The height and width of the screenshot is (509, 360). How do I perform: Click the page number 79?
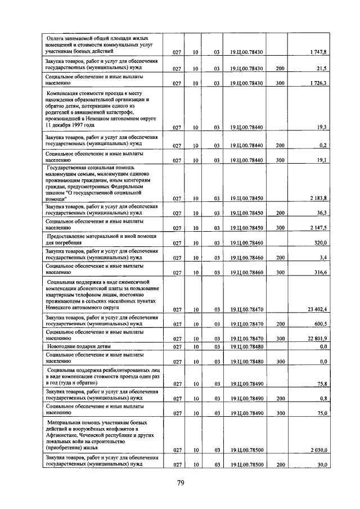181,483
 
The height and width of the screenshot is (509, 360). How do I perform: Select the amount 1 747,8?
318,52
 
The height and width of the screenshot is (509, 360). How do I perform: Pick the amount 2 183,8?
318,199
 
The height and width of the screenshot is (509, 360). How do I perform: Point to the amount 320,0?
321,243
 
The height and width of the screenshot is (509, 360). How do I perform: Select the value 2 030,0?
318,450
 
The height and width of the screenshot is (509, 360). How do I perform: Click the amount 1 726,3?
318,83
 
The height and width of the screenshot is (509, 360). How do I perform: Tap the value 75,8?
322,384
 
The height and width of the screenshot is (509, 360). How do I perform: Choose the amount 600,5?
321,325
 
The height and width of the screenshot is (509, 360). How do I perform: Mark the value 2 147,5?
318,228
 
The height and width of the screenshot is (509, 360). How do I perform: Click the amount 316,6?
321,273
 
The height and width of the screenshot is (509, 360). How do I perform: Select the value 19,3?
322,128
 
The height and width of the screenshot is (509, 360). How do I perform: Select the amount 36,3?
322,214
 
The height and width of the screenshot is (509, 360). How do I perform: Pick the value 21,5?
322,68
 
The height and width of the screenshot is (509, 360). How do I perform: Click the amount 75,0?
322,413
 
